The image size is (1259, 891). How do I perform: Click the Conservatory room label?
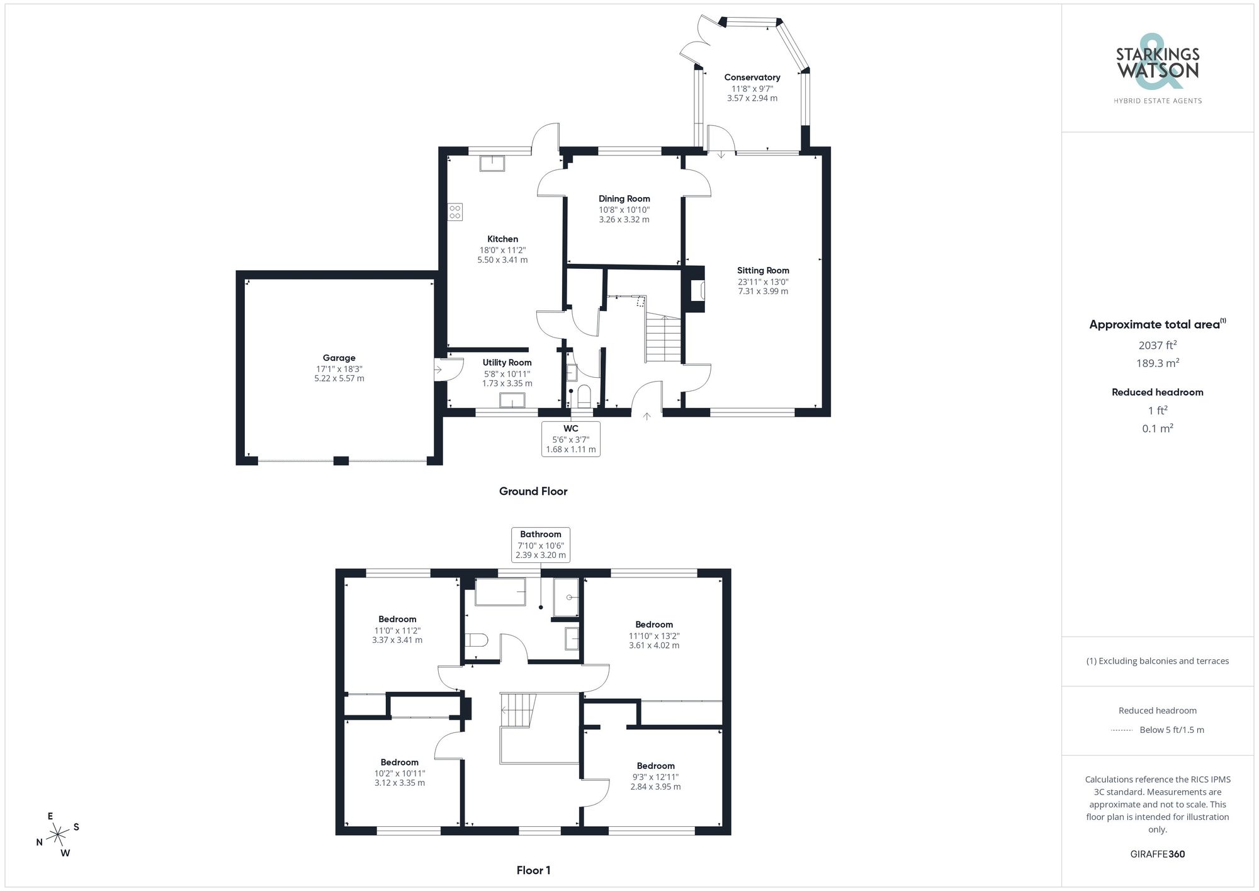click(x=752, y=77)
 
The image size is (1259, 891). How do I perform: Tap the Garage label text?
click(x=339, y=358)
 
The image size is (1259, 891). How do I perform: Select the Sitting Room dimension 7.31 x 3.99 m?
click(x=763, y=292)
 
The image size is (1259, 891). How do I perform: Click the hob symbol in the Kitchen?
click(x=455, y=212)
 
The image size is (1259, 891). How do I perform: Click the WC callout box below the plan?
click(x=570, y=439)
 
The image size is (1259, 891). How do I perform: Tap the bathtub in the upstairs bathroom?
click(x=500, y=592)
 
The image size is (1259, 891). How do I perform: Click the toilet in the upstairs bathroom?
click(x=477, y=640)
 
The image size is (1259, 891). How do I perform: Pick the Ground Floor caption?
click(x=533, y=491)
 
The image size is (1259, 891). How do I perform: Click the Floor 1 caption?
click(x=533, y=870)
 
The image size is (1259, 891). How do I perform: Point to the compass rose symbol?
click(x=58, y=835)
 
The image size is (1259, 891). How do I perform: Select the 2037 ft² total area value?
click(x=1157, y=345)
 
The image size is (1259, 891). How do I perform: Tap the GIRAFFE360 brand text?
click(x=1157, y=854)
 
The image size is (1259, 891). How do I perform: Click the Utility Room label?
click(x=507, y=363)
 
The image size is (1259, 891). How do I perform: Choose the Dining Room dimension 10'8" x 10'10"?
click(x=624, y=210)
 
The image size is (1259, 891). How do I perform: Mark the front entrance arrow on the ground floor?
click(x=646, y=416)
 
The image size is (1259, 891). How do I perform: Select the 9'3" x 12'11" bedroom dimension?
click(x=655, y=777)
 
